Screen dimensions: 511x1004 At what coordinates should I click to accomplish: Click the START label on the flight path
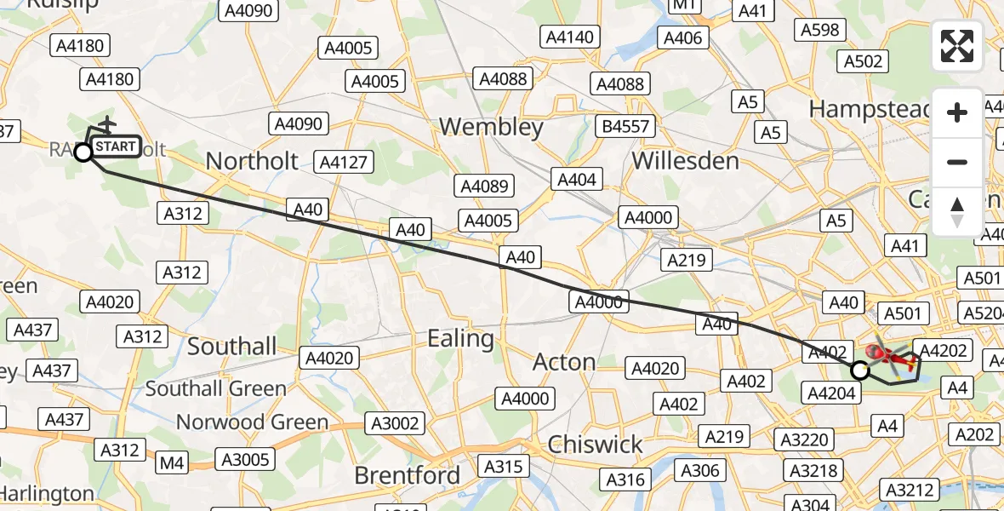115,146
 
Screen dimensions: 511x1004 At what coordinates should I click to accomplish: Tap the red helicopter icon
889,358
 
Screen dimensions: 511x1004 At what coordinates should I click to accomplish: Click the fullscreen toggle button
957,46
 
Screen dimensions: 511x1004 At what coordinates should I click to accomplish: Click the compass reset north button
957,212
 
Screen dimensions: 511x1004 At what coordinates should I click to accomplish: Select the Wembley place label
491,128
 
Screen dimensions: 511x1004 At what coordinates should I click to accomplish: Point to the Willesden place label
685,160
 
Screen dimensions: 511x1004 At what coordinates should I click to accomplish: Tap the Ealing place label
460,339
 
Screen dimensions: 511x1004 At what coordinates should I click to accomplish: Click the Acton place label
563,362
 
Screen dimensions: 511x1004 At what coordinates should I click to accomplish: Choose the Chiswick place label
596,444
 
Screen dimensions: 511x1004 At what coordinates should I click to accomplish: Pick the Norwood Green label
252,422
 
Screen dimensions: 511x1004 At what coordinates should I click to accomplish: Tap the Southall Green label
215,388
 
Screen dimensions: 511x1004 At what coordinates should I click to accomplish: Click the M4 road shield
172,463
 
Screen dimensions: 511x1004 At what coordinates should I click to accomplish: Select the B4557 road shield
625,127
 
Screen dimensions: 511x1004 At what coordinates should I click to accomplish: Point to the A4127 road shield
341,162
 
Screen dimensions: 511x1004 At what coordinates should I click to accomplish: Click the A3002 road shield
394,422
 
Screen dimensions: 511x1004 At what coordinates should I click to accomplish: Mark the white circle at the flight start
83,152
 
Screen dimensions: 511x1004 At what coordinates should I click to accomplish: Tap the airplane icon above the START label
107,125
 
